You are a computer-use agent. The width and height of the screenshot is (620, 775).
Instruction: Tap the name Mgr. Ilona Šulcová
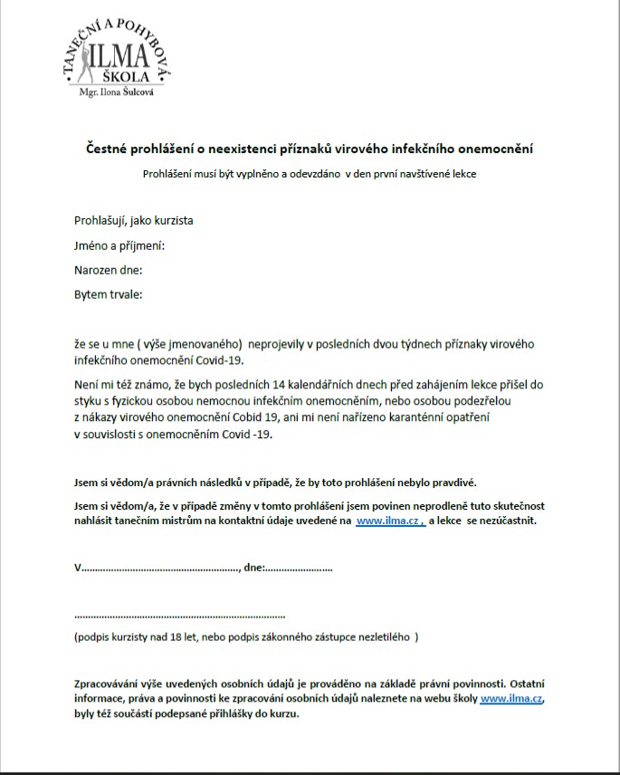pos(117,92)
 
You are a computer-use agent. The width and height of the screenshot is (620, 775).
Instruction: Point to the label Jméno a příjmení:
pos(119,245)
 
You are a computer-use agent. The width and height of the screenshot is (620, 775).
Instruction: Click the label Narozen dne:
pos(108,270)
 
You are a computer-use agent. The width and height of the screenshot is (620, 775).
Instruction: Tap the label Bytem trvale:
pos(108,294)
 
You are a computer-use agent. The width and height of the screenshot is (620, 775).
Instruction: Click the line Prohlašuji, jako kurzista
pos(133,220)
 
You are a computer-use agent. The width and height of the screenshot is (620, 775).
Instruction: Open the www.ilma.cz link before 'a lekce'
pos(389,521)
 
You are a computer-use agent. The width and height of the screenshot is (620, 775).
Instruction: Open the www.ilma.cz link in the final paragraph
pos(511,699)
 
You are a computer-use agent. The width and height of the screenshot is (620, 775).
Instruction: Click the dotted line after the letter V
pos(158,568)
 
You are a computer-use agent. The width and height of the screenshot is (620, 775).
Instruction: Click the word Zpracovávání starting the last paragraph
pos(110,684)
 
